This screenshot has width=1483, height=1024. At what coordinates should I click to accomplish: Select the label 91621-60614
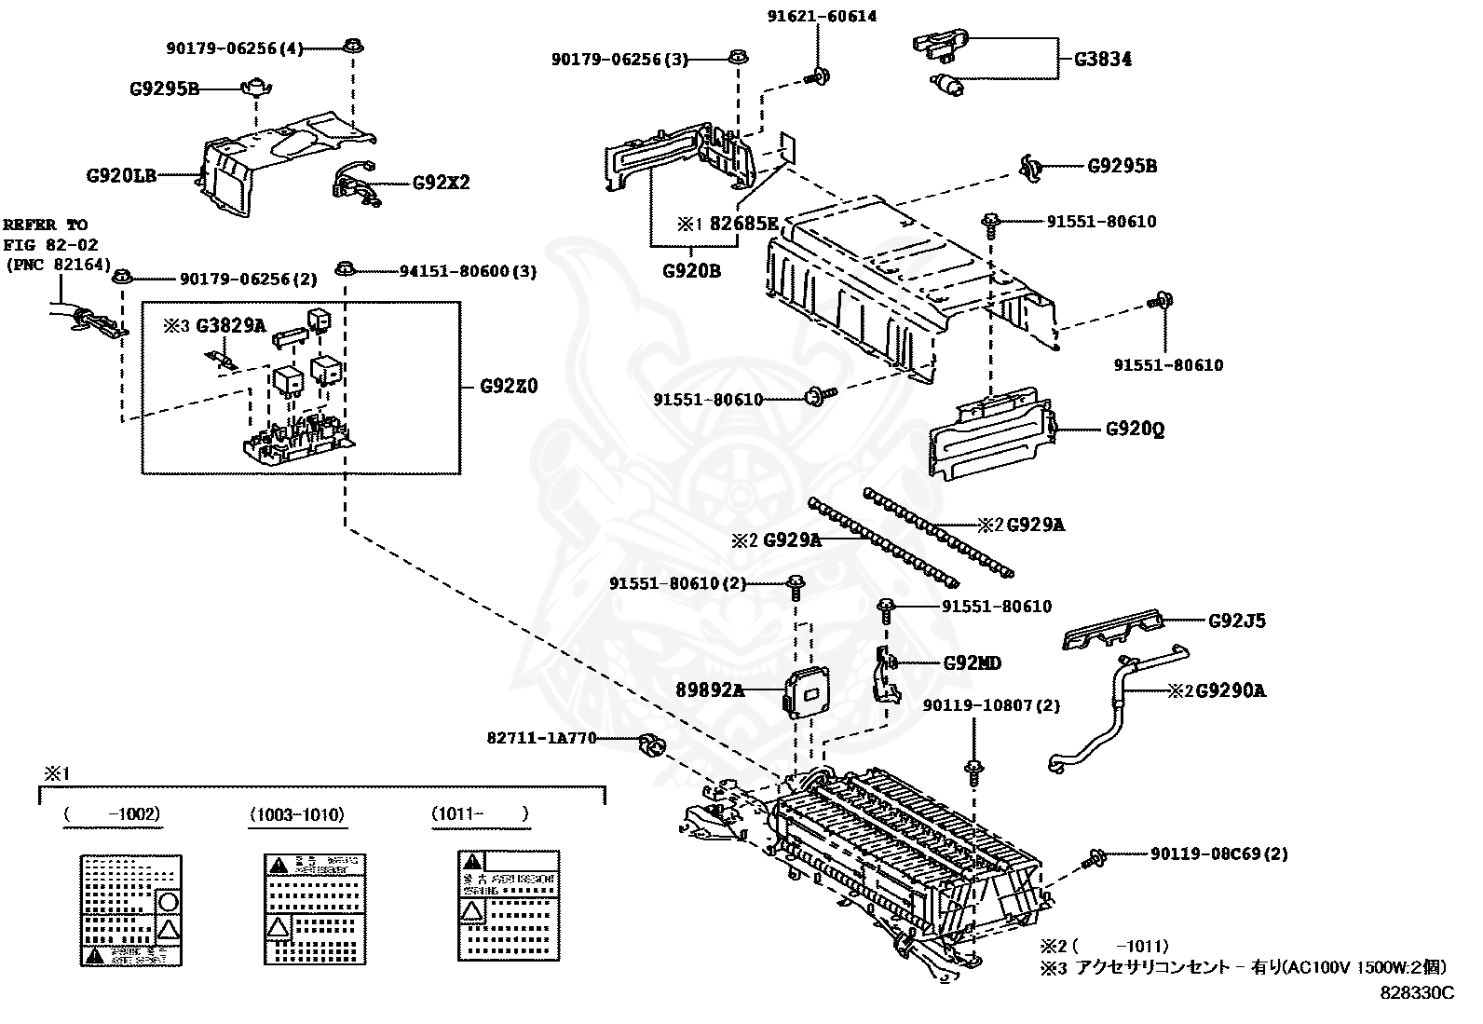pyautogui.click(x=822, y=16)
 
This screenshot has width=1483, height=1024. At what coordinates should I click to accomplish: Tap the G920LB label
pyautogui.click(x=121, y=174)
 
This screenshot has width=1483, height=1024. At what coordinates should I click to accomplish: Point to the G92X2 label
pyautogui.click(x=441, y=182)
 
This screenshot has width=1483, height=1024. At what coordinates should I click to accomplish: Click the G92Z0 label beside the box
pyautogui.click(x=509, y=386)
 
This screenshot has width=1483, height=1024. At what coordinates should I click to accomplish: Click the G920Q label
pyautogui.click(x=1135, y=430)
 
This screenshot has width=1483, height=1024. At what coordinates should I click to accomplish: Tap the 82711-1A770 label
pyautogui.click(x=540, y=739)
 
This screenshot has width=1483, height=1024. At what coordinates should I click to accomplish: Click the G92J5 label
pyautogui.click(x=1236, y=621)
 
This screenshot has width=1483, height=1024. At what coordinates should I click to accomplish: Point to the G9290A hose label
pyautogui.click(x=1230, y=690)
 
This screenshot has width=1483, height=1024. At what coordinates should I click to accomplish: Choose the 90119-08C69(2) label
pyautogui.click(x=1218, y=853)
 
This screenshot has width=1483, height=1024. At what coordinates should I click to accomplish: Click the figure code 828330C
pyautogui.click(x=1416, y=992)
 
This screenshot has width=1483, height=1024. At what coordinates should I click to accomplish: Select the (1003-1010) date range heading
pyautogui.click(x=297, y=814)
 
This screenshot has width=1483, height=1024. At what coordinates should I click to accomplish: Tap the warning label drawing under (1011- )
pyautogui.click(x=508, y=904)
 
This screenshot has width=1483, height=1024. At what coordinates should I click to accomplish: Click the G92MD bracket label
pyautogui.click(x=972, y=663)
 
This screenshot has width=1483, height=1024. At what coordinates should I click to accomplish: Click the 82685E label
pyautogui.click(x=743, y=224)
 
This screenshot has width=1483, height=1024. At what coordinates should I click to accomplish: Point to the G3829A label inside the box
pyautogui.click(x=231, y=325)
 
